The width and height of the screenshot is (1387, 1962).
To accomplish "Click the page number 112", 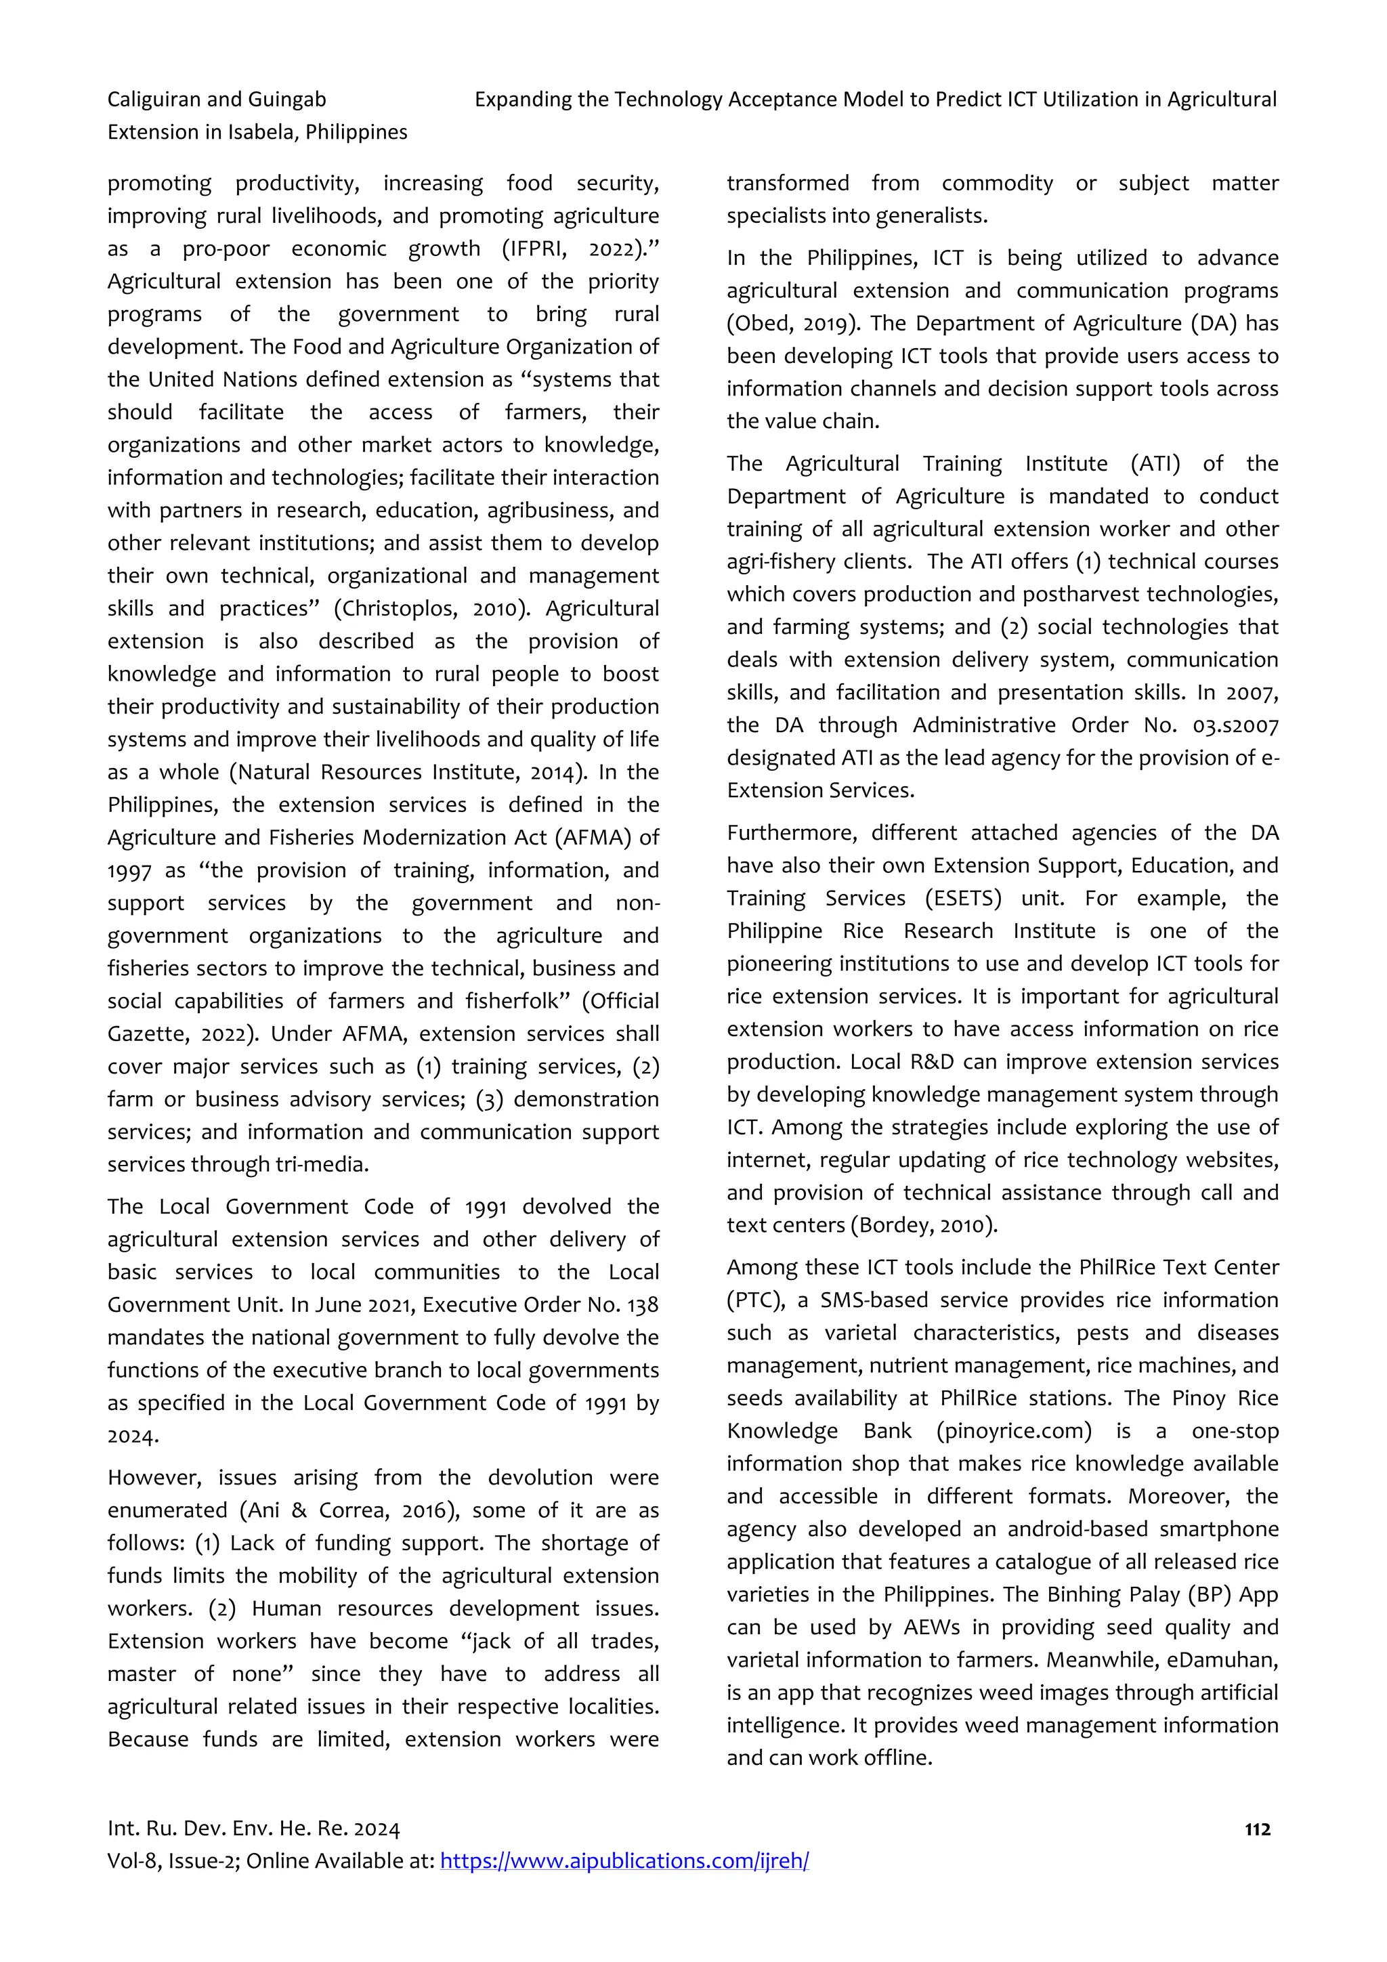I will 1257,1829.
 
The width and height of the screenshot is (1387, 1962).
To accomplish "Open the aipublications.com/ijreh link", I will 624,1861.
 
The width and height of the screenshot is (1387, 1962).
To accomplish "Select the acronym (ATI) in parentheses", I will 1155,463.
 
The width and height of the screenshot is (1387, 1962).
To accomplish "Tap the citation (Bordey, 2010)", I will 923,1225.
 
